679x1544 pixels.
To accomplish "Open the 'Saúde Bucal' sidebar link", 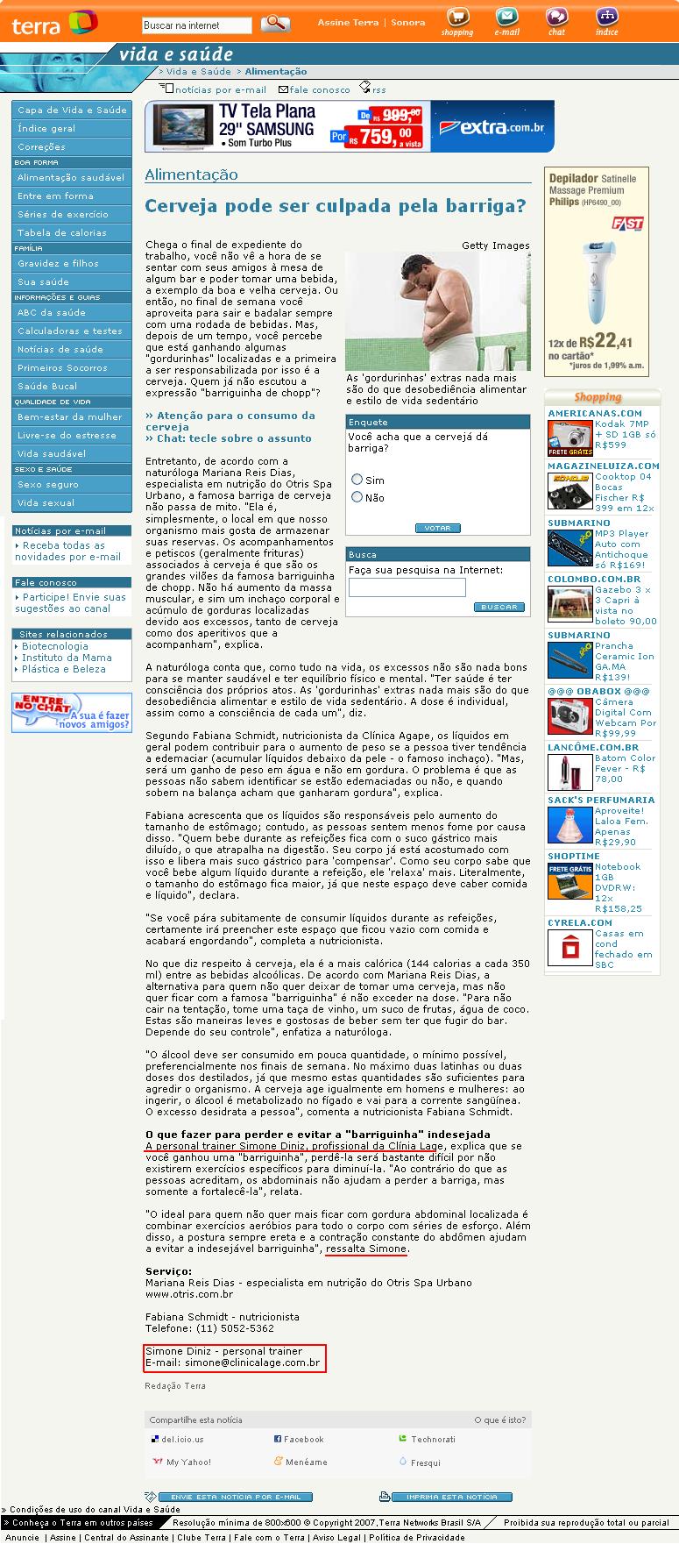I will (x=47, y=386).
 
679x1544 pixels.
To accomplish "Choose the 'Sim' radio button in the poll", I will (x=357, y=480).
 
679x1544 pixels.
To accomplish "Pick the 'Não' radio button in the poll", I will (x=357, y=497).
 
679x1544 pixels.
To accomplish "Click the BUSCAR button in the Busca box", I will (x=499, y=607).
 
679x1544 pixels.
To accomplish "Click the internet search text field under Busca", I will (x=407, y=587).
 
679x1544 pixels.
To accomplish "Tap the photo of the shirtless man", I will (x=437, y=311).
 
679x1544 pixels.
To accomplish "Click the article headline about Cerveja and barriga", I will (x=336, y=206).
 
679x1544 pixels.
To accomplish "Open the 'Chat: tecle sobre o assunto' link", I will (x=232, y=438).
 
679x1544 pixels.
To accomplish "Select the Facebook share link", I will (x=303, y=1439).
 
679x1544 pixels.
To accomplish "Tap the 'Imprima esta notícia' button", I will (x=451, y=1497).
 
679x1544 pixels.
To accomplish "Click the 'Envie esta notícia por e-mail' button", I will (x=235, y=1497).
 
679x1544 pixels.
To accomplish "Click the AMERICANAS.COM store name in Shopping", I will (x=595, y=413).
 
